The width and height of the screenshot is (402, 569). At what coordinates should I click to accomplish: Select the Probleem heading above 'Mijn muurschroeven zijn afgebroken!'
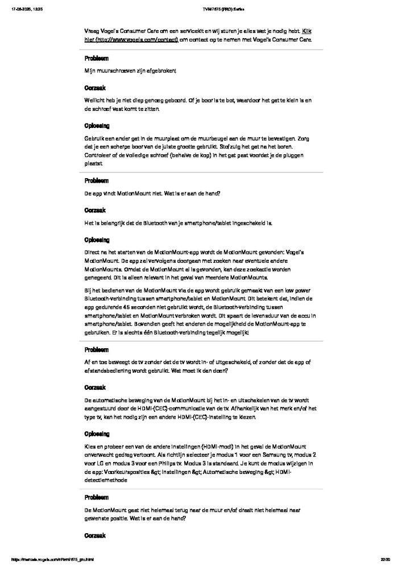pos(97,59)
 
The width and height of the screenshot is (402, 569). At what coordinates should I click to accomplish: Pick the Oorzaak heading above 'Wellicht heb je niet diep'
pos(95,88)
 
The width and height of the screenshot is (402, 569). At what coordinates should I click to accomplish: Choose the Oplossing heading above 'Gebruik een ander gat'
pos(97,126)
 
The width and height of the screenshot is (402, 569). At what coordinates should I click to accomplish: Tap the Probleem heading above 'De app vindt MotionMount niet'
pos(97,181)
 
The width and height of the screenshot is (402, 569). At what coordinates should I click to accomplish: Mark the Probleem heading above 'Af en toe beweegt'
pos(97,349)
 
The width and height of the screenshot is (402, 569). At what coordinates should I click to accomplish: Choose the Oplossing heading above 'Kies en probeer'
pos(97,434)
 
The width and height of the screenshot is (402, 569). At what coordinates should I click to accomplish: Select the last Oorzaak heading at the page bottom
pos(95,535)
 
